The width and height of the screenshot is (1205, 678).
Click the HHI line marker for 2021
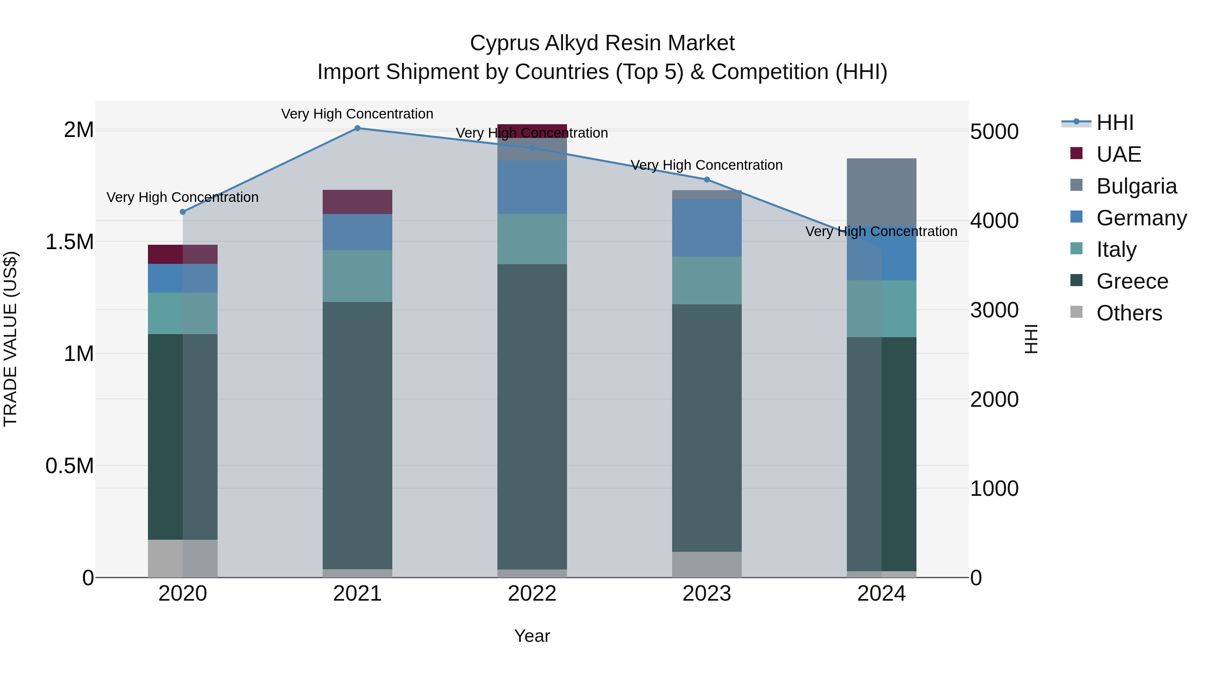coord(357,128)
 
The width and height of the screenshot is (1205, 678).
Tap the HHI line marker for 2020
coord(183,212)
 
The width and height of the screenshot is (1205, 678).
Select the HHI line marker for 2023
coord(707,180)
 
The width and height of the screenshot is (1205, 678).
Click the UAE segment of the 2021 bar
coord(357,202)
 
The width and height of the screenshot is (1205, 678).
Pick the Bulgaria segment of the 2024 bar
coord(881,192)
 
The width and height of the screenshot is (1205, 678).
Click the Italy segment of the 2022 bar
coord(532,239)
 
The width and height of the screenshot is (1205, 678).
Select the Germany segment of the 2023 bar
coord(707,228)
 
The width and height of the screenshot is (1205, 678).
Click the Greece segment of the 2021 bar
coord(357,435)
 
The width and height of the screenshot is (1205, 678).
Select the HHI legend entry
coord(1114,123)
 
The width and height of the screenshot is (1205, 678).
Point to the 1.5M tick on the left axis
coord(70,242)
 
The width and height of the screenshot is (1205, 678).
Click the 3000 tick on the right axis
coord(994,310)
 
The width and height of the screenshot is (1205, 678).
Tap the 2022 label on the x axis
coord(532,594)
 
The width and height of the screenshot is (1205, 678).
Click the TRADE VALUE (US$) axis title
coord(10,339)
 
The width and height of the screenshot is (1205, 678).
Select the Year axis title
coord(532,636)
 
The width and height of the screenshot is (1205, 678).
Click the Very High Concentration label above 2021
coord(357,114)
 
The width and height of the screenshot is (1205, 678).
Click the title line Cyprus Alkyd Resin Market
coord(602,43)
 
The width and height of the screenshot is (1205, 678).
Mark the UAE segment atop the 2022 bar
coord(532,131)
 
